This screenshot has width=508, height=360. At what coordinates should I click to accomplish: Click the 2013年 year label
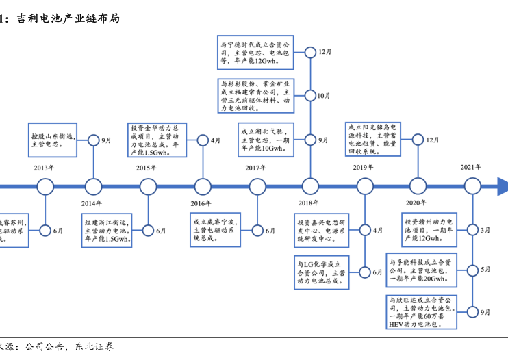pos(45,168)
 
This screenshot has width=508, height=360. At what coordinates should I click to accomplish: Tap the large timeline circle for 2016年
pos(203,186)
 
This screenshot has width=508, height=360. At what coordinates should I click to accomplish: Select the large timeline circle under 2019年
pos(363,186)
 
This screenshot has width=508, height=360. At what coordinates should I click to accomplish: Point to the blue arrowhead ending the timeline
pos(502,186)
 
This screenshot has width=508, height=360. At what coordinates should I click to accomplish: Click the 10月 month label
pos(323,96)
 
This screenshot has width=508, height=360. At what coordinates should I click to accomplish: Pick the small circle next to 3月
pos(472,231)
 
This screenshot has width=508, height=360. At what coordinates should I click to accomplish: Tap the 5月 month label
pos(485,270)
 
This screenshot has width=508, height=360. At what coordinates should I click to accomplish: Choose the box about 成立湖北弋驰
pos(265,140)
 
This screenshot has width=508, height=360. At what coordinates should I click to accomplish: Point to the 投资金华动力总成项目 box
pos(157,140)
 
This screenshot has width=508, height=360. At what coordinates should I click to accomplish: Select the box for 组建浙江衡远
pos(107,231)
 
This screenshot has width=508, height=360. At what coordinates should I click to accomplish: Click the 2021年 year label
pos(471,168)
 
